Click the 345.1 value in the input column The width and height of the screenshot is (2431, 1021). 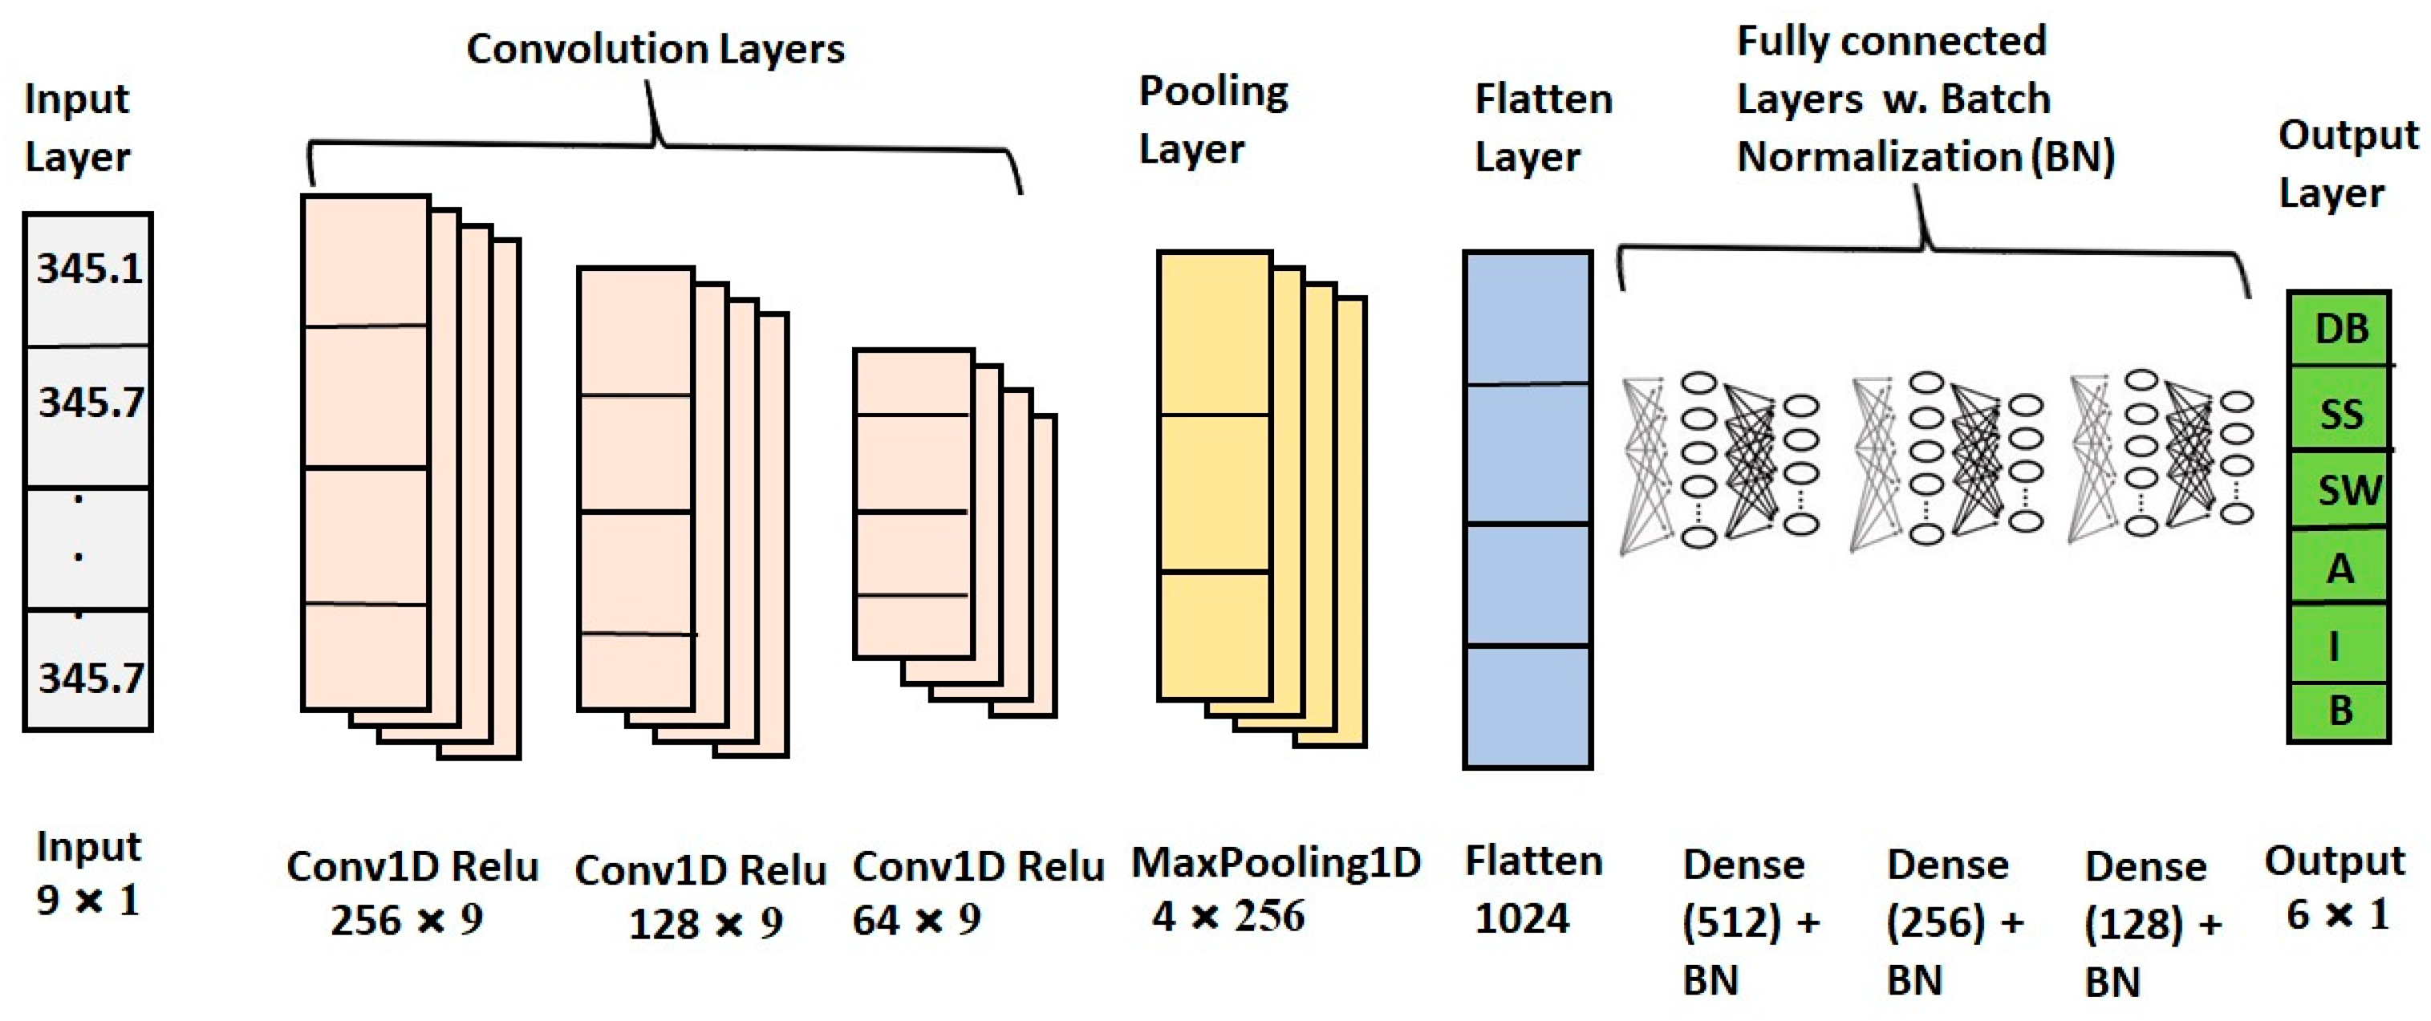[89, 269]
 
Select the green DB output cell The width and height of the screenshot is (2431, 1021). [2340, 330]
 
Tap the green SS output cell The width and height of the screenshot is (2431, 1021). [2340, 413]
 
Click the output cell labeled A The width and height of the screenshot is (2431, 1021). [2340, 569]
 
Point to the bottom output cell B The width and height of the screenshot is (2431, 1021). [2340, 711]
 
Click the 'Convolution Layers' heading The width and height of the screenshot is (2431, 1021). [655, 49]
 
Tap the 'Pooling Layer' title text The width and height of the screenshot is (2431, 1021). [1212, 120]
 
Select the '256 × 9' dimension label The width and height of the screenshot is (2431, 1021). [407, 920]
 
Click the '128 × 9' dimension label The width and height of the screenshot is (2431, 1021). [705, 924]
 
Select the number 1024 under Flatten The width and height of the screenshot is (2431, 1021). [1521, 918]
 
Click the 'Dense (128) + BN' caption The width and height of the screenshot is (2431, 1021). [2151, 923]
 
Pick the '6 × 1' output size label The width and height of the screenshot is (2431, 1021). [2336, 914]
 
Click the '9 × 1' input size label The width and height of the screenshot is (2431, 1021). [87, 900]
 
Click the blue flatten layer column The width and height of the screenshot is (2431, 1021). [1527, 509]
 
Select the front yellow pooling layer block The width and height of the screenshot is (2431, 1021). [1214, 476]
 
